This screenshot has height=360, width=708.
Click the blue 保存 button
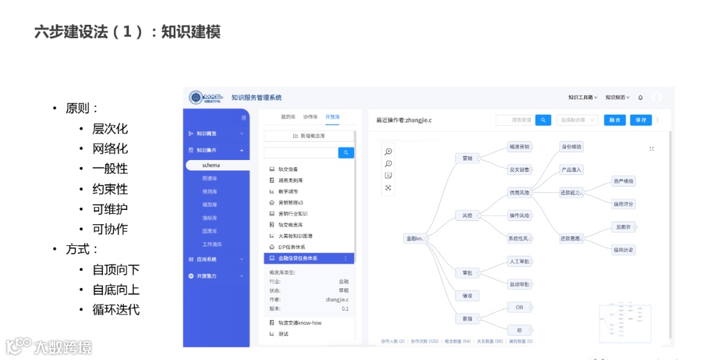(640, 120)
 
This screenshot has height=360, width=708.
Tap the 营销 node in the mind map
(467, 158)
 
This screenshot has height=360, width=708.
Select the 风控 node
(467, 215)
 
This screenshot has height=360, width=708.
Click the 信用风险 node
(519, 193)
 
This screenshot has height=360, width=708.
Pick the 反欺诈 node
(622, 227)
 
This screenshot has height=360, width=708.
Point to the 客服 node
(467, 319)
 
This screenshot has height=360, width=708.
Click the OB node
(519, 307)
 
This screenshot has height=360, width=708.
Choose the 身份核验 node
(571, 147)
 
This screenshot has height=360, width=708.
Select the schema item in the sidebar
(211, 165)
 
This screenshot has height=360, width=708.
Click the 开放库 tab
(332, 117)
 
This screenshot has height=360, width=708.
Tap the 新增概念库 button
(309, 136)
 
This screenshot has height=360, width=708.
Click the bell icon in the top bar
(640, 98)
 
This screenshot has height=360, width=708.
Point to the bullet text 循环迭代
(116, 310)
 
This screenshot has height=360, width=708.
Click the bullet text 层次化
(109, 129)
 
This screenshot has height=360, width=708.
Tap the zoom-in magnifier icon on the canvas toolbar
(389, 151)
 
